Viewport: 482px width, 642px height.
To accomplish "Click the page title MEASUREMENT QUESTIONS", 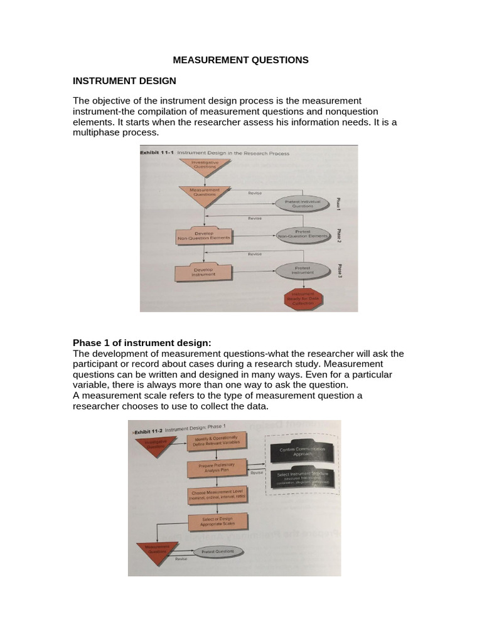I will click(241, 60).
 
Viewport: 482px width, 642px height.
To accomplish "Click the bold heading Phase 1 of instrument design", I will click(142, 342).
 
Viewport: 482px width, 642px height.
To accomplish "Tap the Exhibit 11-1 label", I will click(157, 152).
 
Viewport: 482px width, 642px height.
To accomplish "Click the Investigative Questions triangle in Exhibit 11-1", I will click(200, 166).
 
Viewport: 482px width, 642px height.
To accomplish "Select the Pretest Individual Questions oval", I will click(303, 203).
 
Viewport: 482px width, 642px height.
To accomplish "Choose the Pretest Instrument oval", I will click(303, 270).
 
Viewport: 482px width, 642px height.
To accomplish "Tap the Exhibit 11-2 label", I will click(149, 431).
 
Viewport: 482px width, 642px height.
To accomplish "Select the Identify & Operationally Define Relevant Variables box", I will click(216, 441).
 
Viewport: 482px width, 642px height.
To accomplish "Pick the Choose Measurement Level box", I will click(218, 495).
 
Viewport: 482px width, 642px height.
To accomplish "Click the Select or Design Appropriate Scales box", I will click(218, 522).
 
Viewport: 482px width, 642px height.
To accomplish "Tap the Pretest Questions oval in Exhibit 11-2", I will click(217, 552).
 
